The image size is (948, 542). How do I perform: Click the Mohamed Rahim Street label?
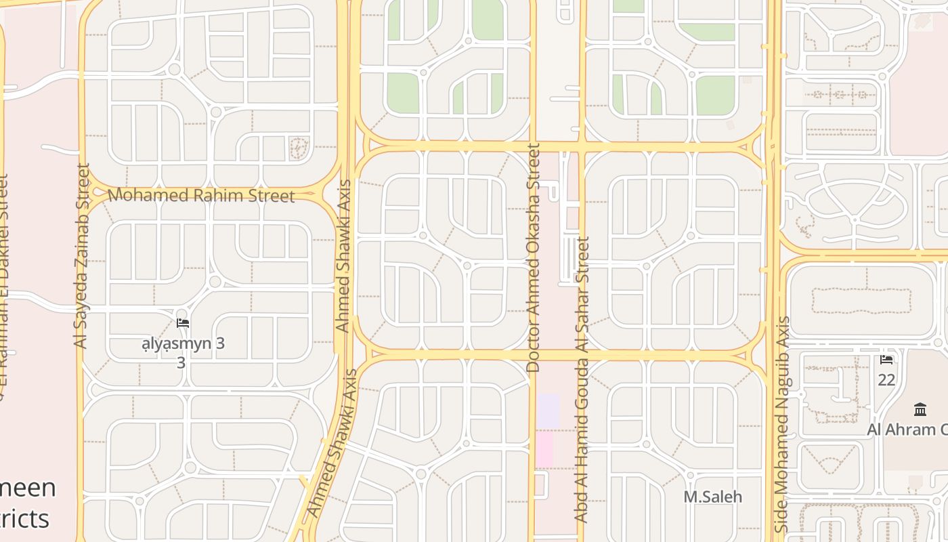point(201,196)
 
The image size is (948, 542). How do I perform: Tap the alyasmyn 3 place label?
point(183,343)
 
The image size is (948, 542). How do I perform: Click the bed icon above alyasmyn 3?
point(183,323)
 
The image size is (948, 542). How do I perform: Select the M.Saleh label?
point(712,497)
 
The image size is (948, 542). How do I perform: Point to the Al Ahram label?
point(907,430)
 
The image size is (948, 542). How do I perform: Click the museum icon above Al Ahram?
point(920,409)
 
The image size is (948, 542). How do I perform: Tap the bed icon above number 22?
point(886,360)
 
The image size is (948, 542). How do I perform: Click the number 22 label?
point(886,379)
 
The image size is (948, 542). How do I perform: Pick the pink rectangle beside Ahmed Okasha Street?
point(544,450)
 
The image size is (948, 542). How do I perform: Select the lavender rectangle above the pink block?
point(548,411)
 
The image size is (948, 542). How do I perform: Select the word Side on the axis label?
point(782,518)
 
